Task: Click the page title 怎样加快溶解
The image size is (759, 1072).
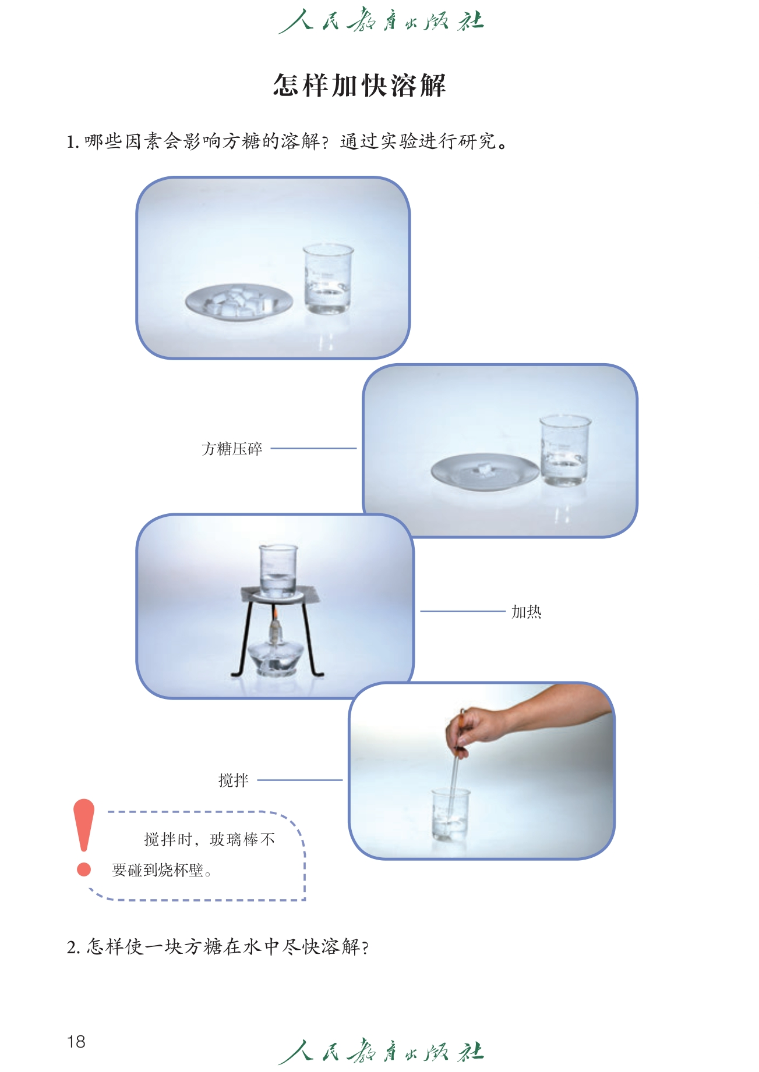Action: (359, 86)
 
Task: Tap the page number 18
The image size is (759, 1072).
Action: (76, 1041)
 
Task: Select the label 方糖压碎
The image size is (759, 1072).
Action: (232, 449)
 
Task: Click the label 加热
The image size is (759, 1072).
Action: (527, 612)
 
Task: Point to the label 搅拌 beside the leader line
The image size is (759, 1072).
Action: (234, 780)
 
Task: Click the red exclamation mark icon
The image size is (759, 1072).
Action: (84, 837)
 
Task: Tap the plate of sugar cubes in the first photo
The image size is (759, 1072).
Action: (239, 302)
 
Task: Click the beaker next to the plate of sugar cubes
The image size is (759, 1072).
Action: (328, 279)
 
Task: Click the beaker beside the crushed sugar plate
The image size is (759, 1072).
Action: (564, 450)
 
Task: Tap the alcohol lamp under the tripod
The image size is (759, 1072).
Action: (274, 649)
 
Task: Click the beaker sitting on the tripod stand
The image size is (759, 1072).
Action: (278, 571)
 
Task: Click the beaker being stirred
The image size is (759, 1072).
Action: (450, 815)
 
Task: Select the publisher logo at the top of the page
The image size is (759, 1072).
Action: (381, 21)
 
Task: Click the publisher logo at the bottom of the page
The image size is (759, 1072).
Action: (381, 1051)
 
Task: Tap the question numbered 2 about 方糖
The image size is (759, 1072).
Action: (218, 947)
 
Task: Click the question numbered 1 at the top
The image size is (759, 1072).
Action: (287, 141)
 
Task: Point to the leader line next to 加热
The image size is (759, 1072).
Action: (463, 611)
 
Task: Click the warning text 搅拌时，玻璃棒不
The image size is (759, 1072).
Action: (210, 839)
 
